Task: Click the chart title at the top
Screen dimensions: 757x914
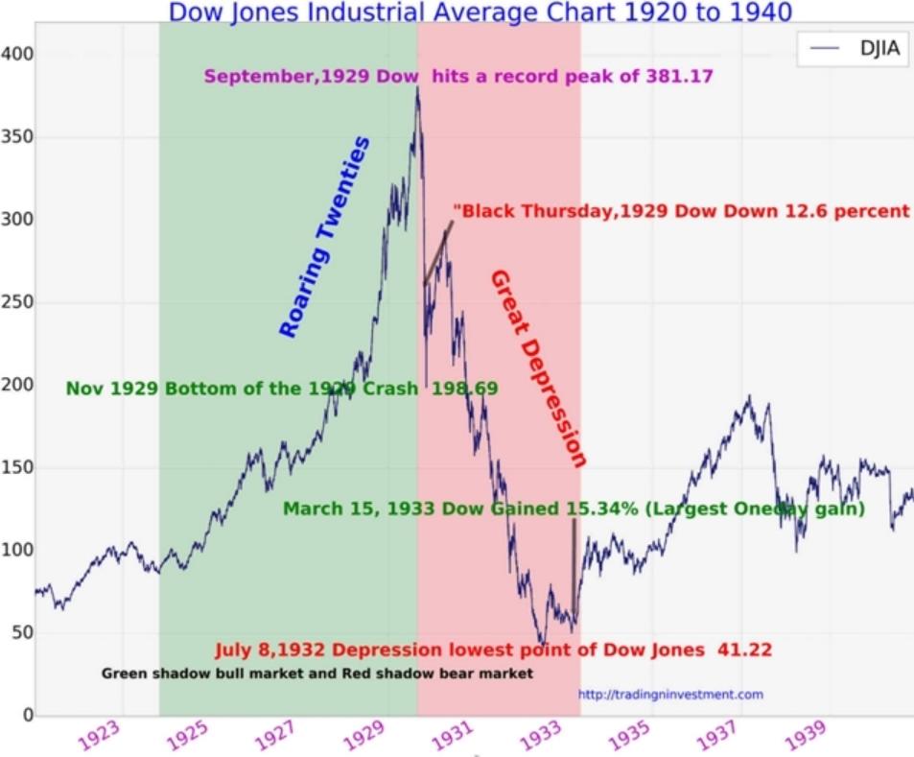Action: click(x=480, y=12)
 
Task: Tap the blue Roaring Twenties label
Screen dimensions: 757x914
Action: click(x=324, y=237)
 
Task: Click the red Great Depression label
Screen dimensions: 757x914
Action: click(x=538, y=368)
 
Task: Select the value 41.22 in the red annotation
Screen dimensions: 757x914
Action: click(x=744, y=650)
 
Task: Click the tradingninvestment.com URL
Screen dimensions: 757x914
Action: click(x=670, y=694)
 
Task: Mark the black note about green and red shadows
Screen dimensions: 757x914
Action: click(x=316, y=674)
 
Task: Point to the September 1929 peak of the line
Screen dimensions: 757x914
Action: click(x=417, y=88)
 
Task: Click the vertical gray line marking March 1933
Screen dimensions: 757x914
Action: click(x=574, y=566)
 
